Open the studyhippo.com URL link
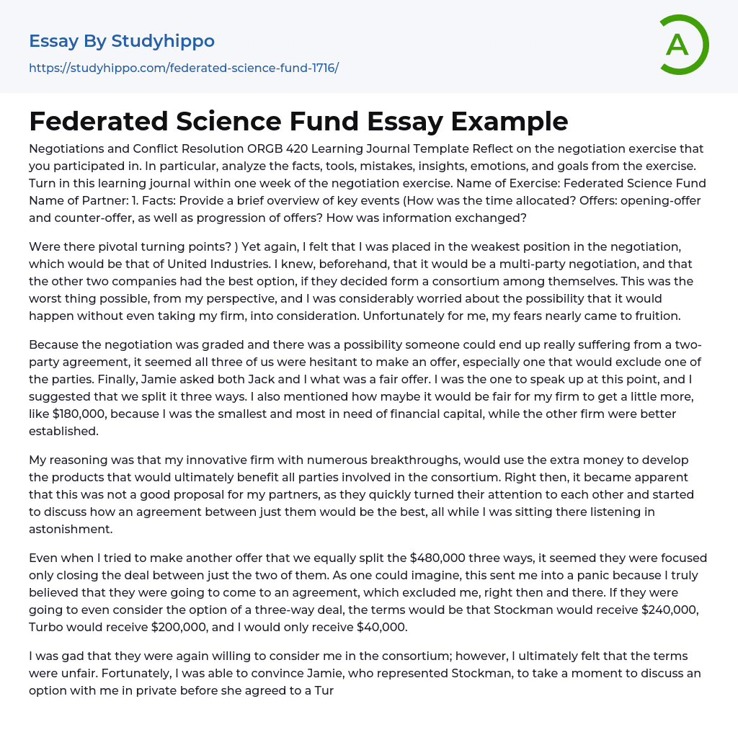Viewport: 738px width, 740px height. click(184, 68)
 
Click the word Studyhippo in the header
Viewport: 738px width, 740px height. click(163, 41)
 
